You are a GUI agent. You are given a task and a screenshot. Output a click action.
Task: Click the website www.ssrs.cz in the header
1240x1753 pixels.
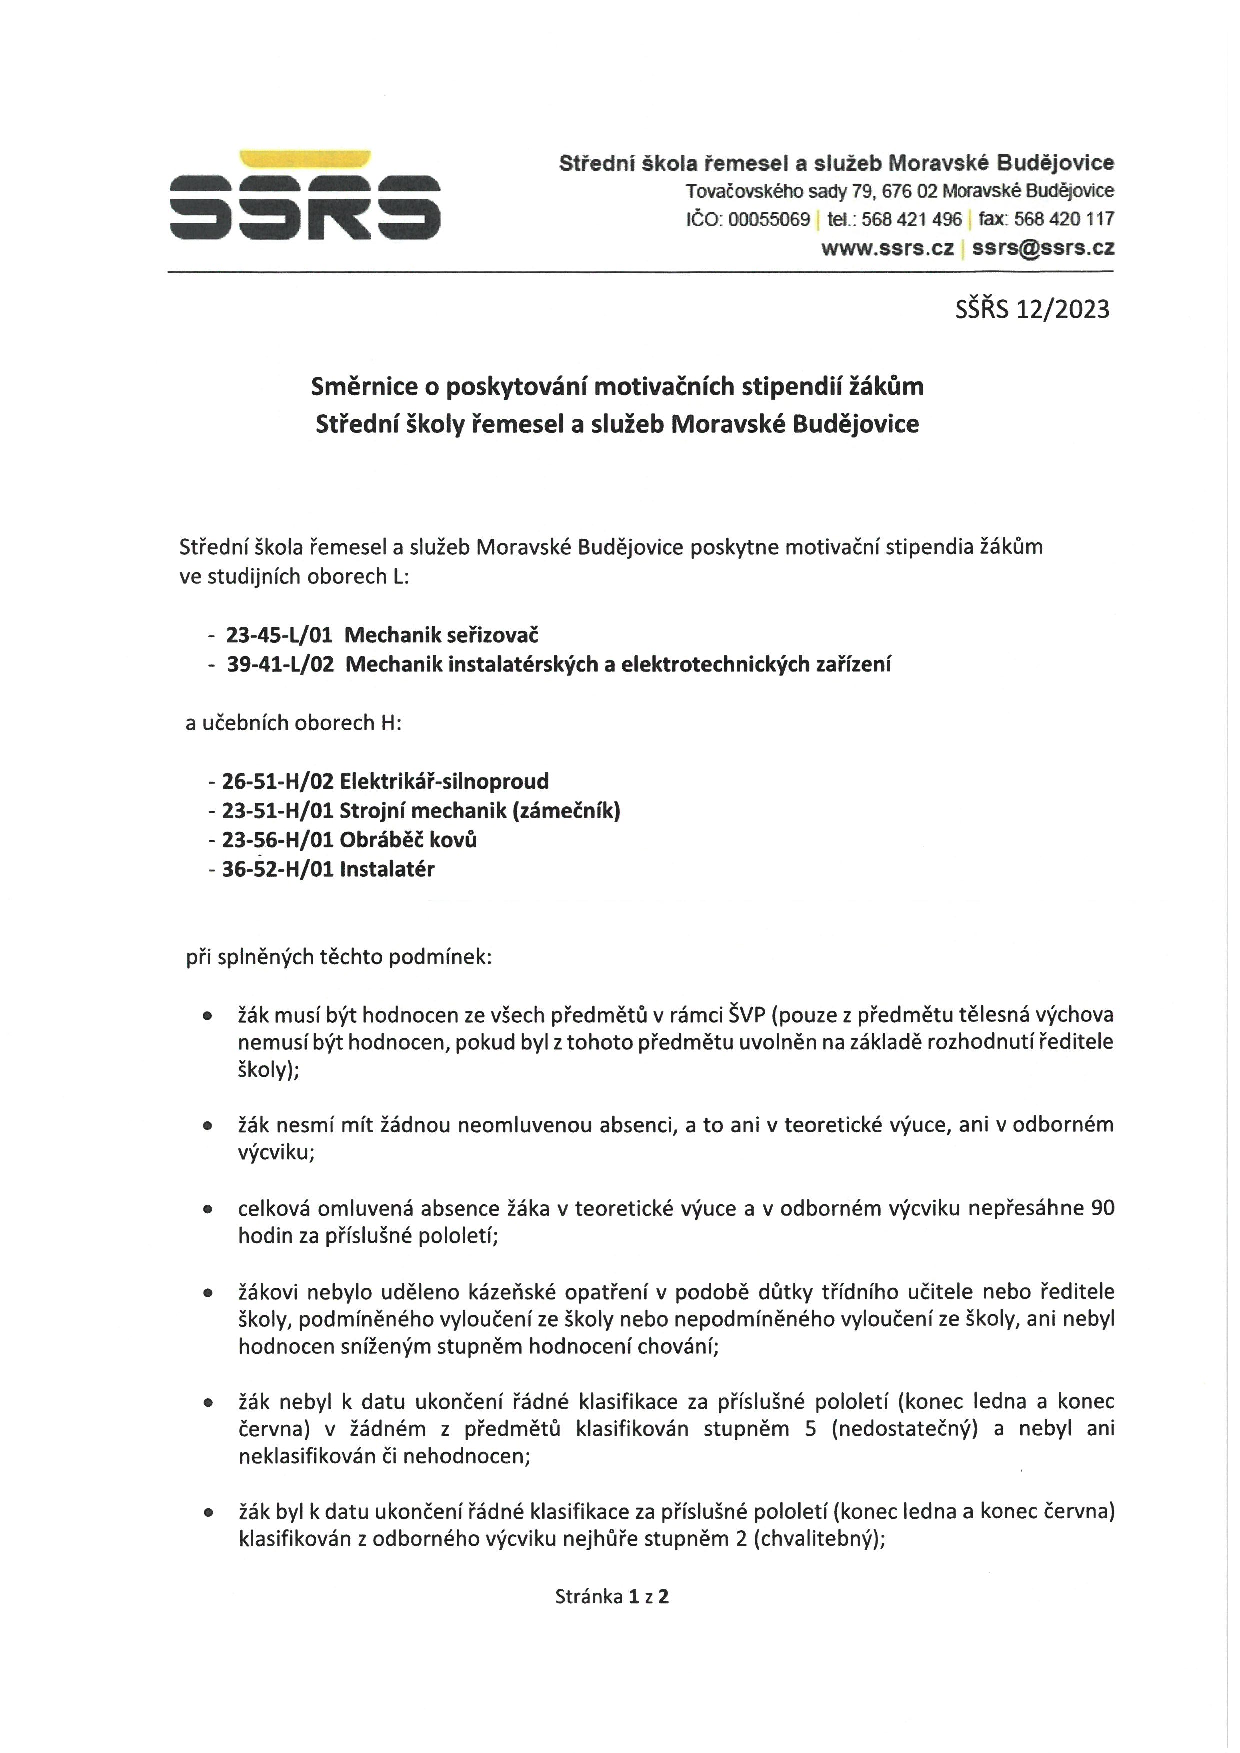(x=887, y=248)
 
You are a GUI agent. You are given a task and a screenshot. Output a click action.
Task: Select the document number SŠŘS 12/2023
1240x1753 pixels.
(x=1032, y=309)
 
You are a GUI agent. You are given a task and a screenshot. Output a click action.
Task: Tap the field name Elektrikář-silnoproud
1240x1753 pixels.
(x=444, y=781)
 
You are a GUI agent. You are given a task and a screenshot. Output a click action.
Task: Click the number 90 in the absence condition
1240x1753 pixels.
(x=1102, y=1208)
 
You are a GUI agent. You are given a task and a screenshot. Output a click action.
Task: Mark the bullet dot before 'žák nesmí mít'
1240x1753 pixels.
(x=207, y=1125)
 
